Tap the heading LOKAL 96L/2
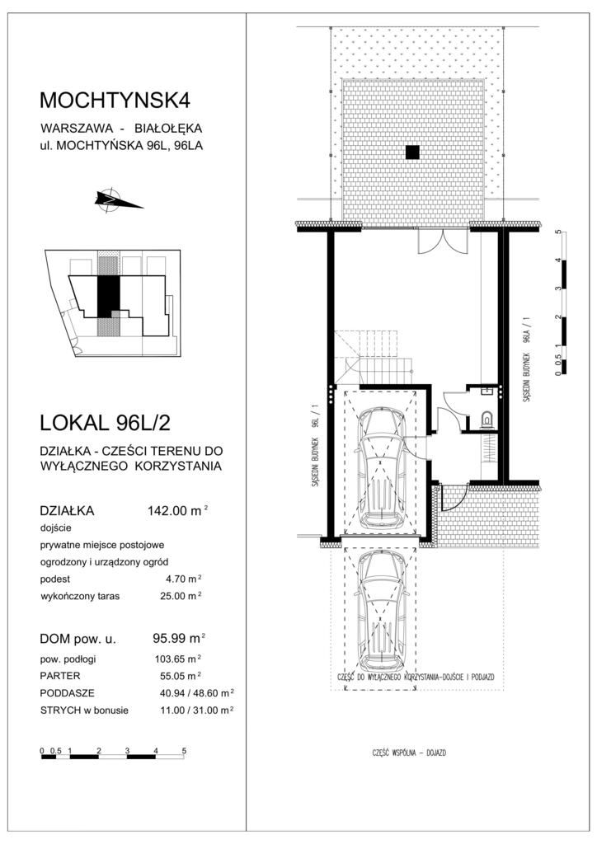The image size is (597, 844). click(x=105, y=423)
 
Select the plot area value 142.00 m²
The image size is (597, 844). click(x=177, y=510)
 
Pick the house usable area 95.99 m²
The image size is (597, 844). click(x=179, y=639)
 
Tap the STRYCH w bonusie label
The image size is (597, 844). click(x=84, y=710)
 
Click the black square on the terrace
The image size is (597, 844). click(x=412, y=152)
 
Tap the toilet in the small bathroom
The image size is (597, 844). click(x=487, y=418)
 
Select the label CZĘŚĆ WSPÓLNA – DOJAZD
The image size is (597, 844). click(x=409, y=753)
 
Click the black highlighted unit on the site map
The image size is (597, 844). click(x=108, y=296)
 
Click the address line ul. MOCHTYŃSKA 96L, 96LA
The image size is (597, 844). click(x=122, y=145)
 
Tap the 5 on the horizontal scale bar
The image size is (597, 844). click(x=184, y=750)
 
